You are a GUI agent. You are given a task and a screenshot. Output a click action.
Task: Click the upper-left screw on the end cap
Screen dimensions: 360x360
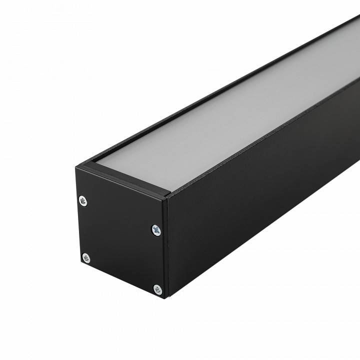point(83,201)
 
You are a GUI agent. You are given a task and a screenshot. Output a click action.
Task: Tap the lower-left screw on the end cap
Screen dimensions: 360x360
point(86,258)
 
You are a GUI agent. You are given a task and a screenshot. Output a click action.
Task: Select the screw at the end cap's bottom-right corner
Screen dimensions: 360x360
point(157,289)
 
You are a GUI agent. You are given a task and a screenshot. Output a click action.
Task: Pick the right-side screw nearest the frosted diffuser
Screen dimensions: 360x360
point(156,230)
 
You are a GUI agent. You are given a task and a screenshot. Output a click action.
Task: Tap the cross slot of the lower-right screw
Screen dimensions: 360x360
point(157,289)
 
